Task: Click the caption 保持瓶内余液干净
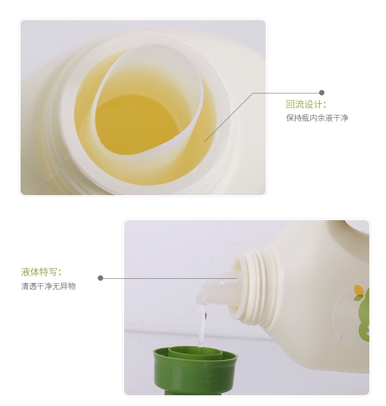317,118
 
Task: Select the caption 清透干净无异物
48,286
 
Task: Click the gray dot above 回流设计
322,93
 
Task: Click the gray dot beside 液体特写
101,278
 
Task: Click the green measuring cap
195,370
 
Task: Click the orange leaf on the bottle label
359,289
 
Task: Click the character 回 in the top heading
290,104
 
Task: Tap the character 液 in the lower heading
26,272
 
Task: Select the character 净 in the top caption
344,118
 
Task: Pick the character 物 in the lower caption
72,286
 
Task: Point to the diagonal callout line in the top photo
229,117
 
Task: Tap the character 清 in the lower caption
25,286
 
